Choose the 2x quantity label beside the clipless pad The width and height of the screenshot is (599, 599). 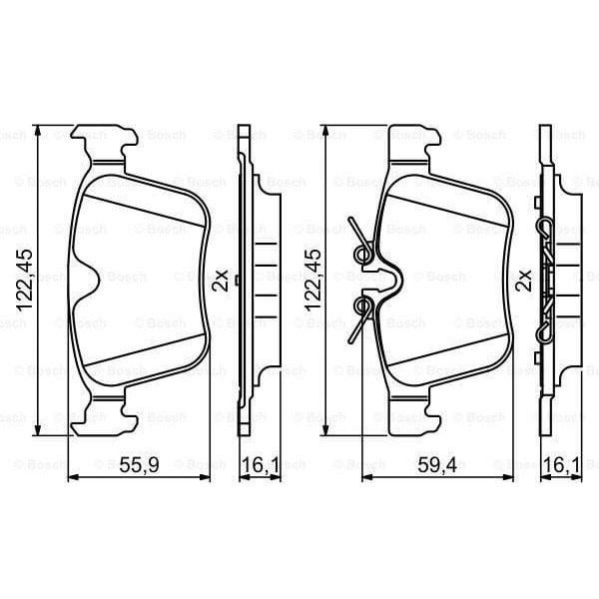225,281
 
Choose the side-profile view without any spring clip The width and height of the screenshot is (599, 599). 254,280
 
